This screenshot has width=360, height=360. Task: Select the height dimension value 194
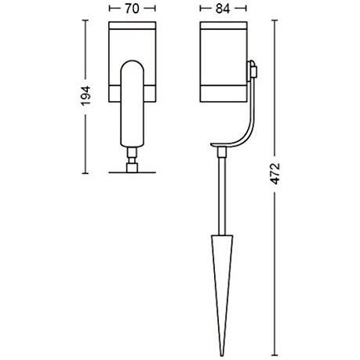[x=89, y=96]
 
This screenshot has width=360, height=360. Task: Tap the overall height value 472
[x=275, y=181]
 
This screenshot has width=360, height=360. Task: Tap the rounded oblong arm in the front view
[x=131, y=105]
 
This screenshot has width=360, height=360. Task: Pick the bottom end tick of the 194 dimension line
[x=89, y=173]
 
